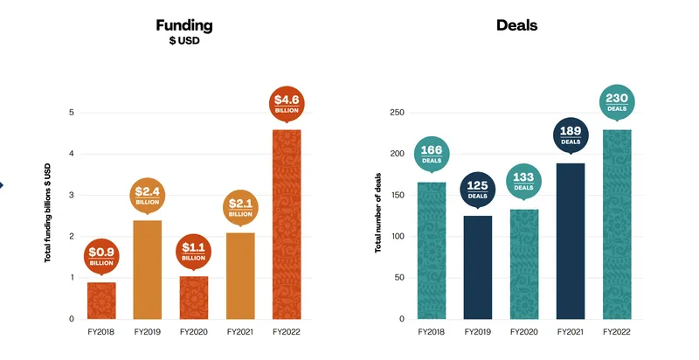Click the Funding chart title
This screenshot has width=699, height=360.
tap(184, 25)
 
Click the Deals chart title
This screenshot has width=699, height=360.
tap(516, 25)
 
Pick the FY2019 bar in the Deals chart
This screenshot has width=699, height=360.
tap(477, 267)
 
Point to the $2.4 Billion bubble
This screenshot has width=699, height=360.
tap(147, 195)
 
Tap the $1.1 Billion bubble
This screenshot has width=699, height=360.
tap(193, 252)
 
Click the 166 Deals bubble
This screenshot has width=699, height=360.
tap(431, 155)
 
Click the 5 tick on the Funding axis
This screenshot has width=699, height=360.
tap(72, 113)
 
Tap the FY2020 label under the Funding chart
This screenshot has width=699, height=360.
tap(193, 333)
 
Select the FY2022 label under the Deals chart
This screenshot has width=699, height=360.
tap(618, 333)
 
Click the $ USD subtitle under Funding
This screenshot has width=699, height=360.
tap(184, 41)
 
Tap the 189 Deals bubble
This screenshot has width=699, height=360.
tap(571, 136)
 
